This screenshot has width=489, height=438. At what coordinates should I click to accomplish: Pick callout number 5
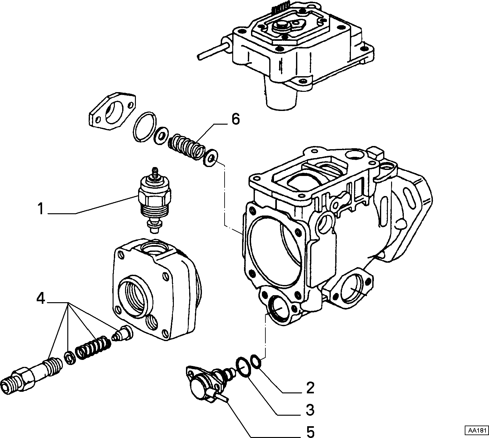point(310,431)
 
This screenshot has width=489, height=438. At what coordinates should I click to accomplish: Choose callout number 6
point(235,120)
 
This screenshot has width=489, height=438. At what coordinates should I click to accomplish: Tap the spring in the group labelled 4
point(93,349)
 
